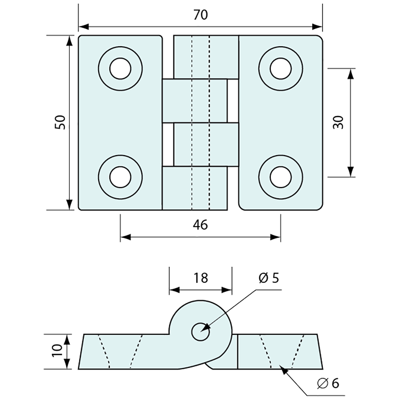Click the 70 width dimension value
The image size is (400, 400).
[200, 15]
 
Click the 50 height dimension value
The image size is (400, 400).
[60, 122]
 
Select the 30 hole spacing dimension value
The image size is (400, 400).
[338, 122]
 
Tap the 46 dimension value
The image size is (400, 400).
[200, 225]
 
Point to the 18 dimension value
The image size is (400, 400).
[200, 278]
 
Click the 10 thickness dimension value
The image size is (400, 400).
[57, 352]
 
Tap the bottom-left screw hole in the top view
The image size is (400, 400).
[120, 177]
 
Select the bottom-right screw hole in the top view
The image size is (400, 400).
[280, 177]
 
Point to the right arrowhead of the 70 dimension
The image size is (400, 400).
[318, 27]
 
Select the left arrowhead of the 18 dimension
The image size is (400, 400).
[174, 290]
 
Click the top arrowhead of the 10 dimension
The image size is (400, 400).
[67, 338]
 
